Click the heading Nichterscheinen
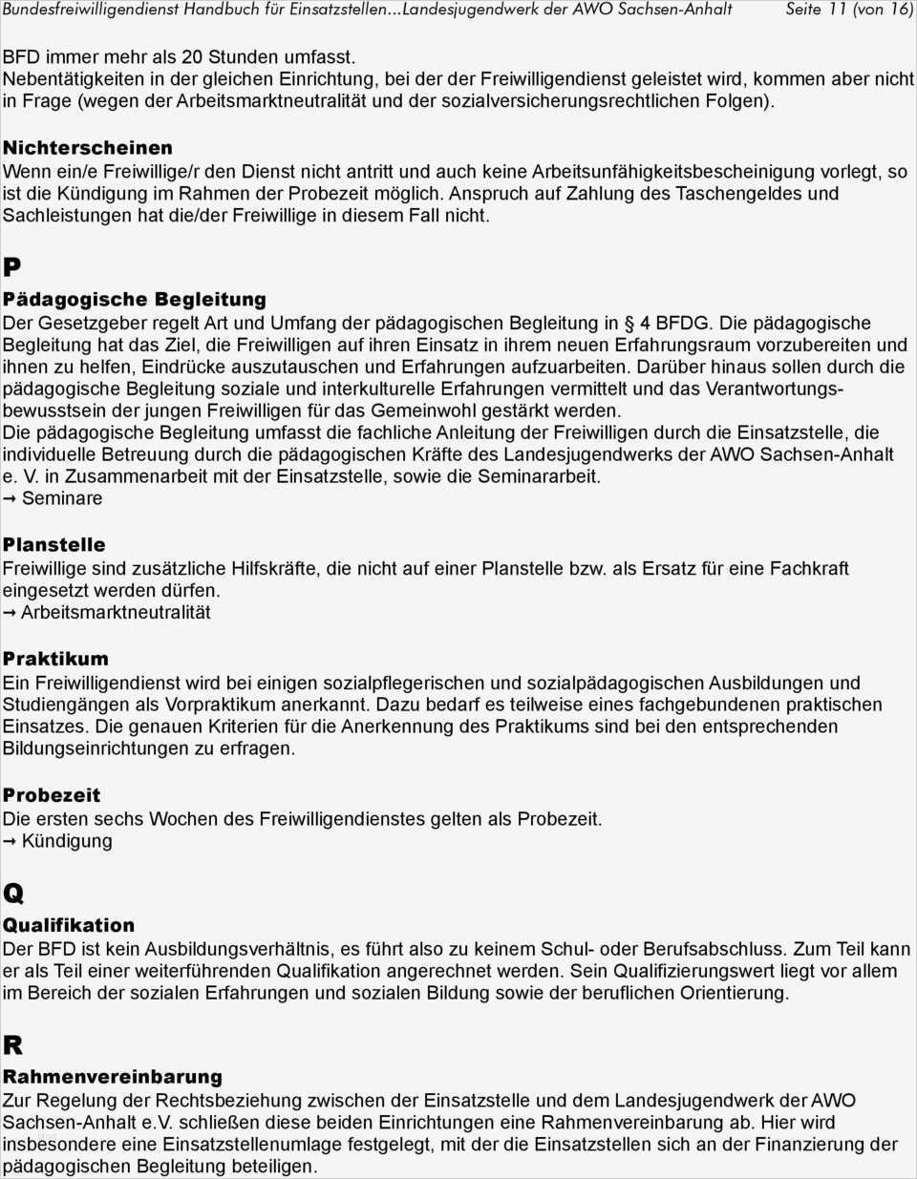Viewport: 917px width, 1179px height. [88, 148]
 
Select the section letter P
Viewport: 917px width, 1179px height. [12, 267]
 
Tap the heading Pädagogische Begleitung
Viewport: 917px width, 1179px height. [135, 300]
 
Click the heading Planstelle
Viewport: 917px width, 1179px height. [54, 545]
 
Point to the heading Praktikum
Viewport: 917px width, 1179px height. [55, 659]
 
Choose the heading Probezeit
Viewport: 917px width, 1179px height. [52, 795]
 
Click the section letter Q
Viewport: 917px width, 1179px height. [13, 894]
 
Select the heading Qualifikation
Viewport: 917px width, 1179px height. [69, 925]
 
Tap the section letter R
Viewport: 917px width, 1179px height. [12, 1044]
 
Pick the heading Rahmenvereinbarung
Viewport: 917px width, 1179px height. [113, 1077]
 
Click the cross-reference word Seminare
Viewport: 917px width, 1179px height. [62, 498]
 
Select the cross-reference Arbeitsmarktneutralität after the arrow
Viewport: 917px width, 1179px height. [116, 612]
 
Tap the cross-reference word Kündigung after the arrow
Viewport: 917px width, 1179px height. [67, 841]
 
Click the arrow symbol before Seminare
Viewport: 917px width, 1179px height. [10, 499]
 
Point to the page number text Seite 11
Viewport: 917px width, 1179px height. [816, 10]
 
